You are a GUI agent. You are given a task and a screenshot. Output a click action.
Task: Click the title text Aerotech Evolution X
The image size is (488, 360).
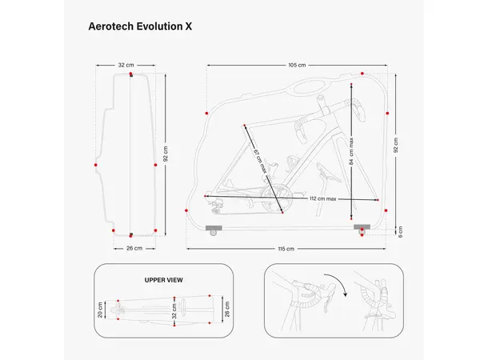pyautogui.click(x=140, y=26)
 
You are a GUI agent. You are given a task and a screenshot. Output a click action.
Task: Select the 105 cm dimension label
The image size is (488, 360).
pyautogui.click(x=298, y=66)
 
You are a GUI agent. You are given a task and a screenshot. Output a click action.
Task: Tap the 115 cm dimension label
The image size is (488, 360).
pyautogui.click(x=286, y=249)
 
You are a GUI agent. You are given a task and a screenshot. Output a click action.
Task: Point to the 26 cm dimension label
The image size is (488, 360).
pyautogui.click(x=134, y=249)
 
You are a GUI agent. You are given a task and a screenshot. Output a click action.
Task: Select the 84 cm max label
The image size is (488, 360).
pyautogui.click(x=351, y=152)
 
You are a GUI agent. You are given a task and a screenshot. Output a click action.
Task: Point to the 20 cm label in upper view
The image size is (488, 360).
pyautogui.click(x=100, y=309)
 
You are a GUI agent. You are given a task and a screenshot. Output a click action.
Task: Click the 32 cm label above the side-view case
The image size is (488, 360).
pyautogui.click(x=126, y=66)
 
